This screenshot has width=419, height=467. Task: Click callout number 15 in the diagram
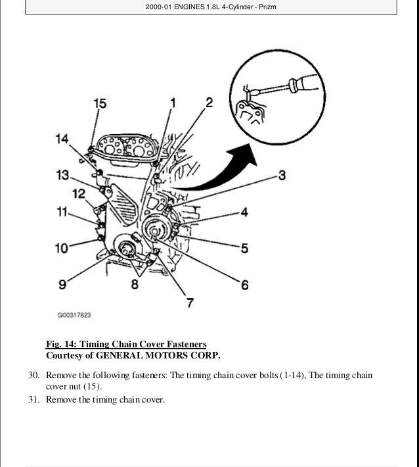99,103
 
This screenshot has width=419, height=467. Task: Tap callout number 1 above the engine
173,103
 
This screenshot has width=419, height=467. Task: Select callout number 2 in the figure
209,102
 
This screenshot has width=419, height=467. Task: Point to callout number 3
281,175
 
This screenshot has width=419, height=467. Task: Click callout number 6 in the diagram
244,285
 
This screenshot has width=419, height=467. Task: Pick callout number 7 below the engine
189,303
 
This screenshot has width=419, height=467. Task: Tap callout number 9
62,284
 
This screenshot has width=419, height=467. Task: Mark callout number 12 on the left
79,193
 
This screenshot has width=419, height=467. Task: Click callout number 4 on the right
243,212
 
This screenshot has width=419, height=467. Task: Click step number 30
34,376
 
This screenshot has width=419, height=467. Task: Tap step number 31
34,399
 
